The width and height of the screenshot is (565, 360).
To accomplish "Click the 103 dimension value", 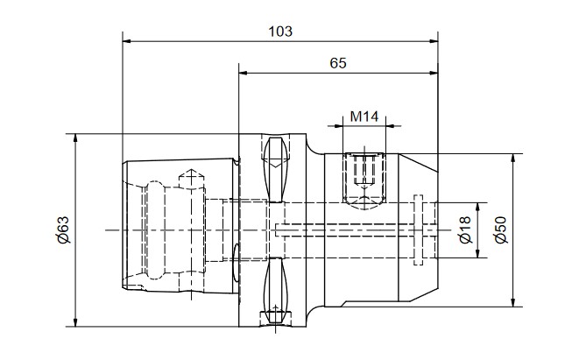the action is click(x=280, y=32).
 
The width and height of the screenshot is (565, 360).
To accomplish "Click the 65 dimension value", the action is click(x=338, y=63).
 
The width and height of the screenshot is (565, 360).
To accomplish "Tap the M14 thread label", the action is click(x=364, y=116).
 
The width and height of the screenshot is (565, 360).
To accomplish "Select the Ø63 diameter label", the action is click(x=62, y=229).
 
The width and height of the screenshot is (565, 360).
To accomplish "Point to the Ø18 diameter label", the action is click(x=465, y=229).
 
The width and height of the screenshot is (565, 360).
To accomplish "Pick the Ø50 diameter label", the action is click(x=500, y=229).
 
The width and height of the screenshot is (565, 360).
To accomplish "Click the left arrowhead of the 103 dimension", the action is click(x=127, y=41).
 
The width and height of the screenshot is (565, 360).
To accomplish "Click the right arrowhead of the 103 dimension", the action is click(x=434, y=41).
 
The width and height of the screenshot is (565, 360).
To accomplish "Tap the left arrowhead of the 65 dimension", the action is click(x=244, y=74).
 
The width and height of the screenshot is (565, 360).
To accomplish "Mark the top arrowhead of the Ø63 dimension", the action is click(x=75, y=138).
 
